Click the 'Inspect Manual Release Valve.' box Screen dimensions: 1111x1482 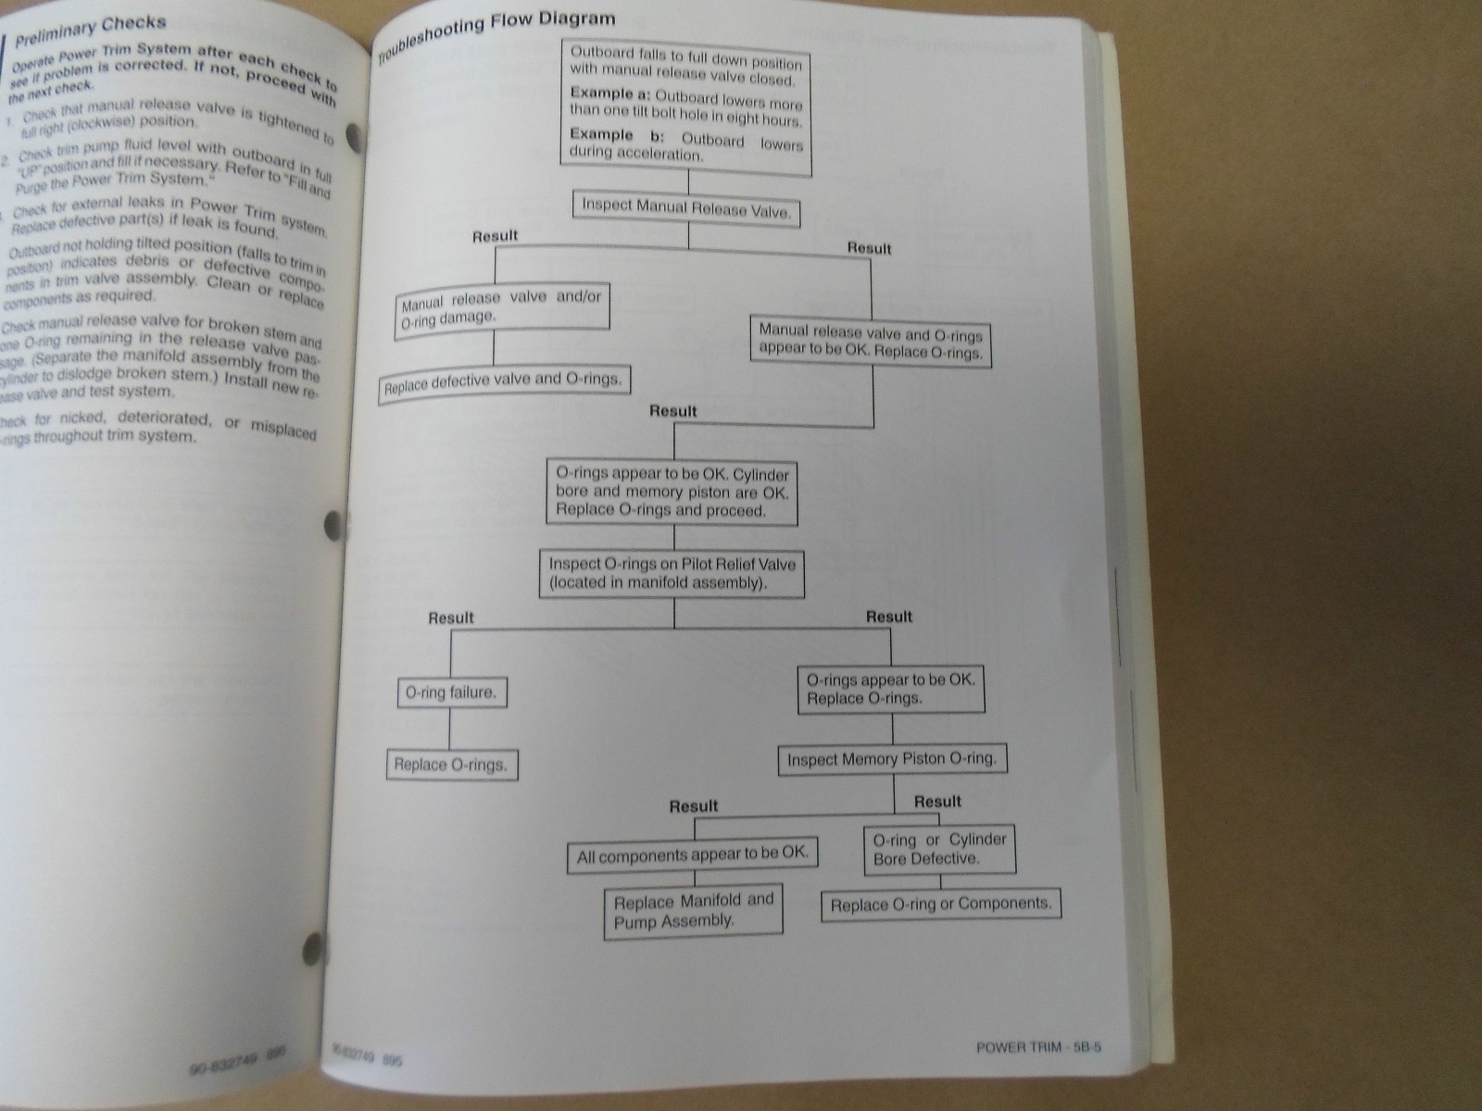pyautogui.click(x=686, y=208)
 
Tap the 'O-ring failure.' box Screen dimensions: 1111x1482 pyautogui.click(x=450, y=693)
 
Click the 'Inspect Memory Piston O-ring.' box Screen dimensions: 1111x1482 pyautogui.click(x=891, y=759)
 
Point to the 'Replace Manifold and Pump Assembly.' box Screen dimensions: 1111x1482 pyautogui.click(x=693, y=911)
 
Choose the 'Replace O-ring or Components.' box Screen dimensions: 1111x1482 pyautogui.click(x=940, y=905)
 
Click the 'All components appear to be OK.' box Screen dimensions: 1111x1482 pyautogui.click(x=693, y=856)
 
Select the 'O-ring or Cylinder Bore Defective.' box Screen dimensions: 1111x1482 pyautogui.click(x=939, y=849)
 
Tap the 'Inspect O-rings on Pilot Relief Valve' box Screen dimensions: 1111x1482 pyautogui.click(x=672, y=573)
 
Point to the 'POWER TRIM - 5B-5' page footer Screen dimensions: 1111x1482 pyautogui.click(x=1038, y=1048)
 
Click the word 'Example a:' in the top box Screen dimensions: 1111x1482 pyautogui.click(x=611, y=94)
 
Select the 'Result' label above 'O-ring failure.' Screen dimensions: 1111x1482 pyautogui.click(x=451, y=618)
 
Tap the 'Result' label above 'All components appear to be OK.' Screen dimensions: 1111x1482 pyautogui.click(x=694, y=806)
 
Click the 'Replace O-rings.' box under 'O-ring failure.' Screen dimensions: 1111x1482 pyautogui.click(x=451, y=765)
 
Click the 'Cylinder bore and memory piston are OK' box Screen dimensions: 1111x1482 pyautogui.click(x=672, y=492)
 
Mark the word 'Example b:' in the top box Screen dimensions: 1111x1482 pyautogui.click(x=611, y=135)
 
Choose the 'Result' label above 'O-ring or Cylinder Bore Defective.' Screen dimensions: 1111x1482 pyautogui.click(x=937, y=802)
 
